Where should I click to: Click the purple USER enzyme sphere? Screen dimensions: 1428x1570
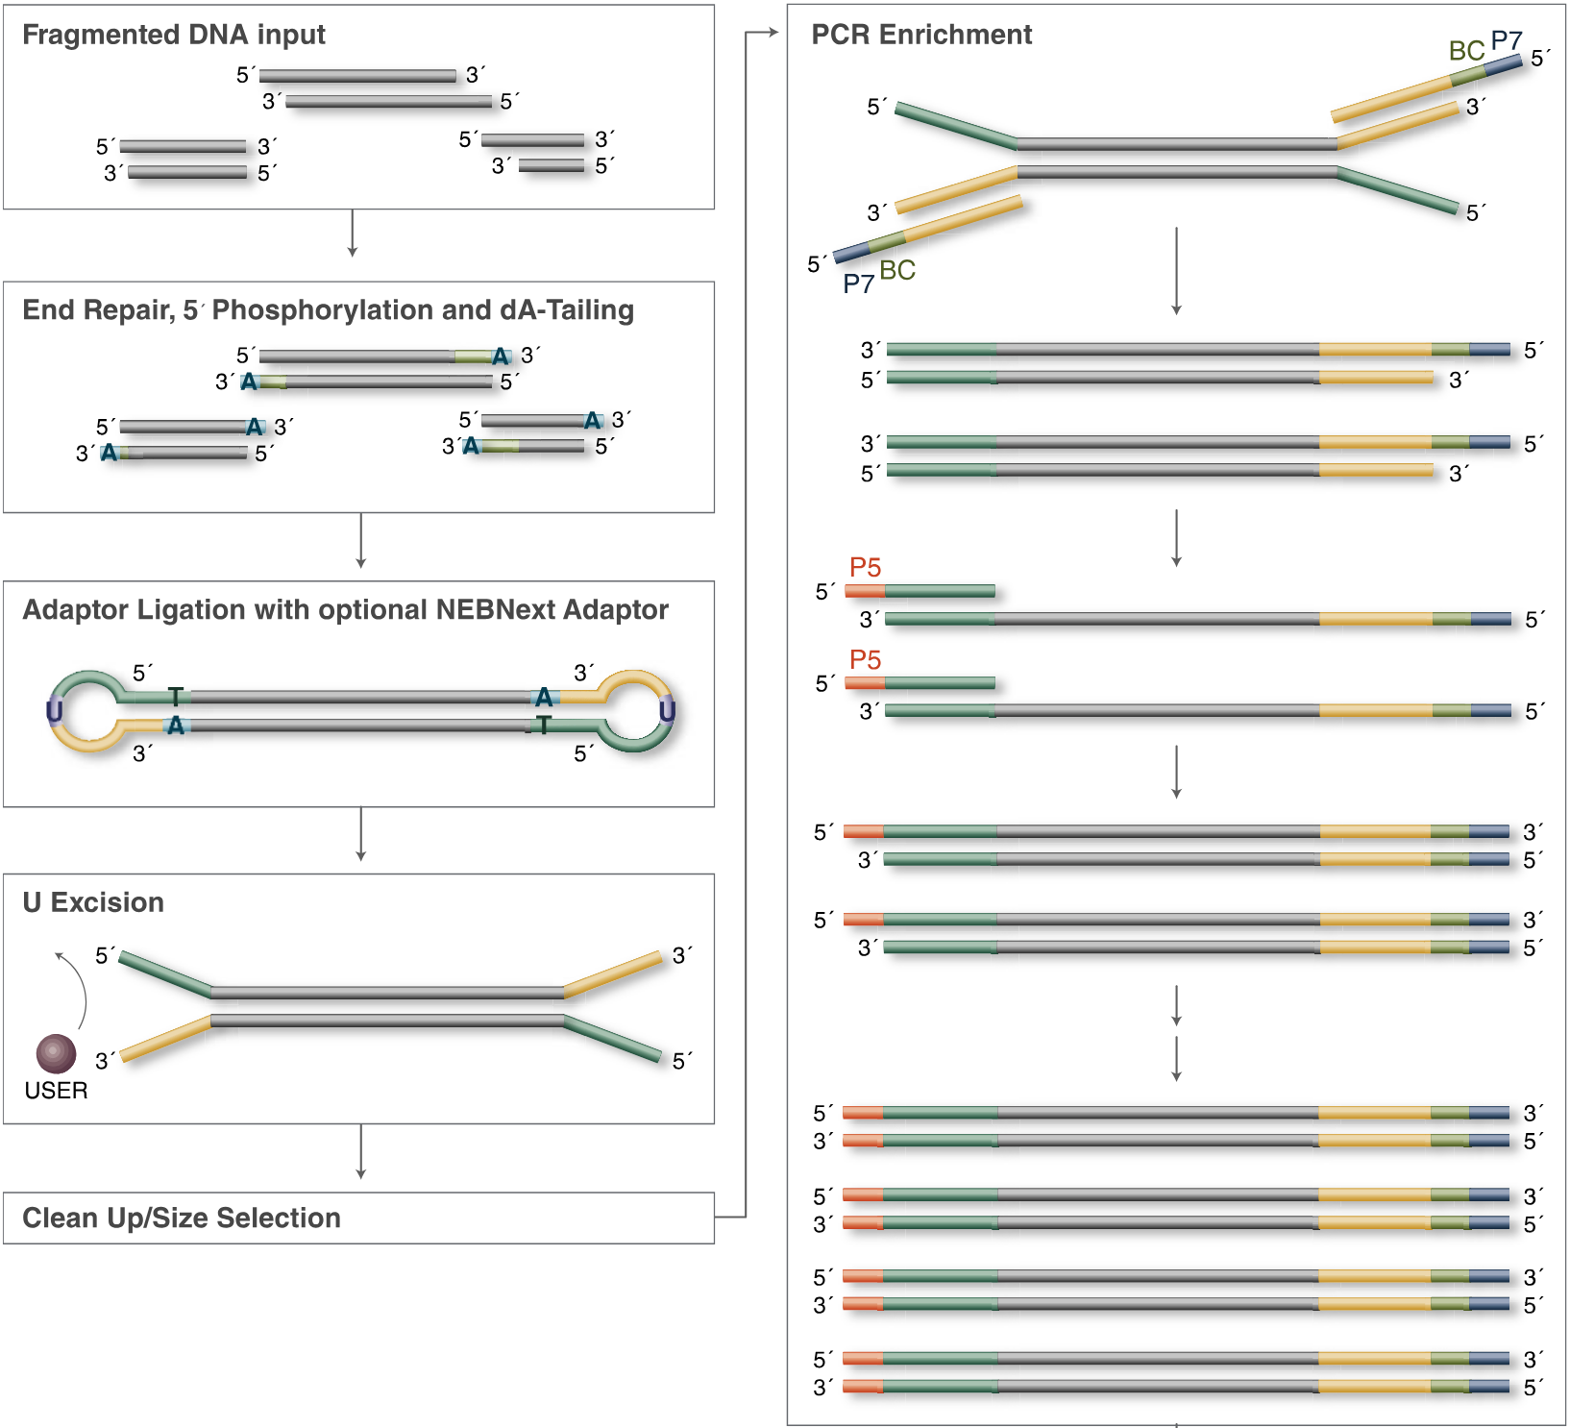(x=56, y=1053)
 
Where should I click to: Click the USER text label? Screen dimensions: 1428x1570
(x=56, y=1091)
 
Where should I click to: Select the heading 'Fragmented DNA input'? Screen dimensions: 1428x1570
(x=174, y=35)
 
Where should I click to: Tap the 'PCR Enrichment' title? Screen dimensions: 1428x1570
(x=920, y=35)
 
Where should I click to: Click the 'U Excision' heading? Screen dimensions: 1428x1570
(x=93, y=902)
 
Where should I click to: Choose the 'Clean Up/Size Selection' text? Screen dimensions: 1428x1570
(x=182, y=1218)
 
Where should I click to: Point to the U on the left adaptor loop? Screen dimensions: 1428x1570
(x=54, y=711)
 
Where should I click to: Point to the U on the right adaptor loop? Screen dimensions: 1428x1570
(x=667, y=711)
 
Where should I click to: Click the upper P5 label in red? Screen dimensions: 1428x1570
(x=865, y=567)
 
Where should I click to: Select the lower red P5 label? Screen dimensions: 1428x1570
(x=865, y=659)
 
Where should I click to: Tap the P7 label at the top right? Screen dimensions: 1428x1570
(x=1506, y=41)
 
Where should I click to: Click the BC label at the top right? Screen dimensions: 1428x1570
(x=1466, y=51)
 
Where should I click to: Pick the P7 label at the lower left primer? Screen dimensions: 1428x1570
(x=858, y=283)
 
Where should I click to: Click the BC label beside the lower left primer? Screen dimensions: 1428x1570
(x=897, y=270)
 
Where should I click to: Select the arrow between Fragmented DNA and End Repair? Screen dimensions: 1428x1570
(x=353, y=234)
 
